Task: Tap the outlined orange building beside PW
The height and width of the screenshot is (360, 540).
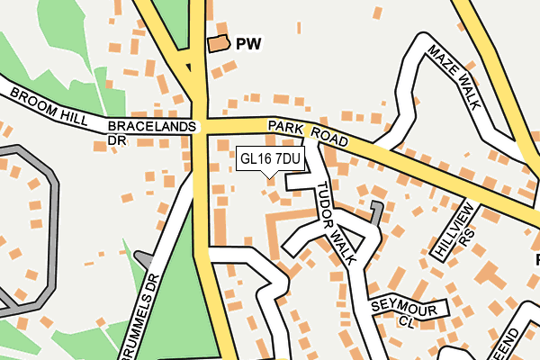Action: [218, 43]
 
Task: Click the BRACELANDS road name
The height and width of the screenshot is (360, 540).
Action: [151, 127]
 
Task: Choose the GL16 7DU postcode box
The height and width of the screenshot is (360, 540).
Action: [270, 158]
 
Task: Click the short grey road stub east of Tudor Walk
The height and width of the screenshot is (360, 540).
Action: [374, 214]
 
